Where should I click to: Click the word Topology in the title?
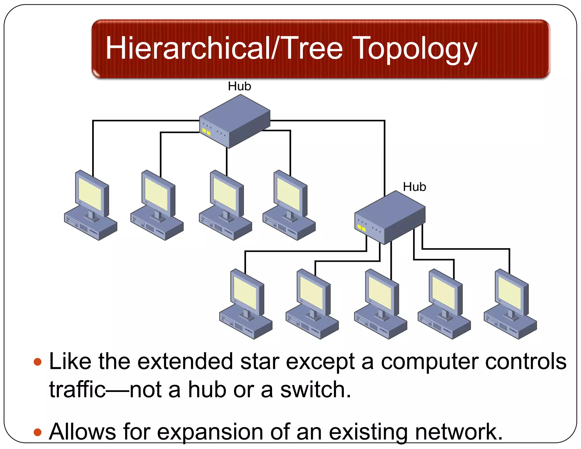pos(416,49)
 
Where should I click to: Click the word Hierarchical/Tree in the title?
pos(224,48)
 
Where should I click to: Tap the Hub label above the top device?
pos(239,86)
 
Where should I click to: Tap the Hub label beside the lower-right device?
pos(414,187)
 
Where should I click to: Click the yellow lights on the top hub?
pos(206,132)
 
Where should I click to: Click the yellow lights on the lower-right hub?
pos(361,228)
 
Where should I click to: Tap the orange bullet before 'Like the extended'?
pos(37,362)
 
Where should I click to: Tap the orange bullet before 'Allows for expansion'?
pos(37,432)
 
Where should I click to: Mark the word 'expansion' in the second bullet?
pos(210,432)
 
